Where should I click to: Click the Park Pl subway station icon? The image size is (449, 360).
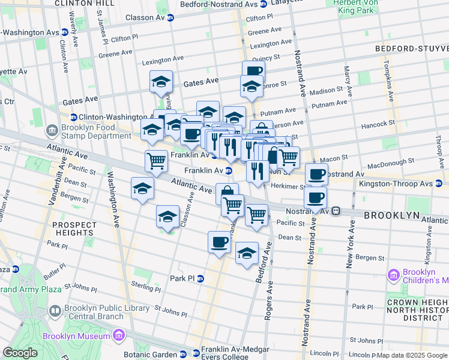click(x=200, y=278)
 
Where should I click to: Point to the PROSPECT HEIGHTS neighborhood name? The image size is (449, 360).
click(x=74, y=229)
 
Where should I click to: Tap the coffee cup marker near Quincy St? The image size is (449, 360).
click(x=253, y=71)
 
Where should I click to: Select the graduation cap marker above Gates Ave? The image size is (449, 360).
click(x=160, y=82)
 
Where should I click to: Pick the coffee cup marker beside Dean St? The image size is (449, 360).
click(x=219, y=242)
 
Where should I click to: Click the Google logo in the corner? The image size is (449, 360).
click(x=20, y=353)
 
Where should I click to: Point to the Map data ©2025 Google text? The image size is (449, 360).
click(x=412, y=355)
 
